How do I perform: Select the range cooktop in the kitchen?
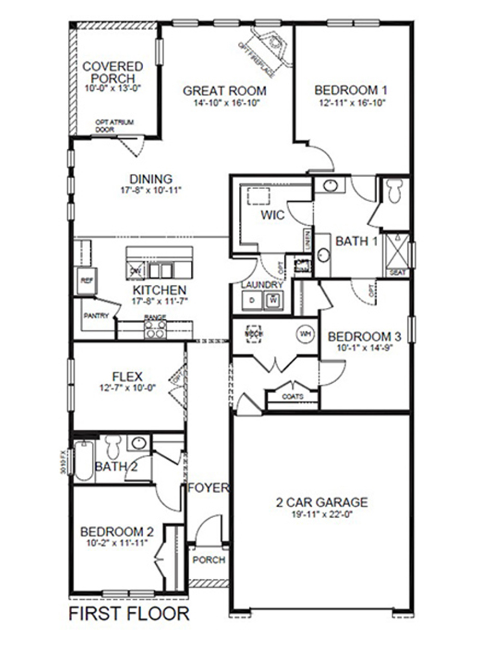click(155, 329)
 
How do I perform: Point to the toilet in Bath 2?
click(114, 447)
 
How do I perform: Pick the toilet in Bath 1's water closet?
click(394, 190)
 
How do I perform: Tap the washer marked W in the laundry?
click(273, 300)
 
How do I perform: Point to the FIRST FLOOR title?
click(129, 613)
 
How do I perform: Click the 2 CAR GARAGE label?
click(321, 502)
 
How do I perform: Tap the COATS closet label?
click(292, 396)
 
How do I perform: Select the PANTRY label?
click(96, 315)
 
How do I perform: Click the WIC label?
click(272, 215)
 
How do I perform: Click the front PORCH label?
click(209, 560)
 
